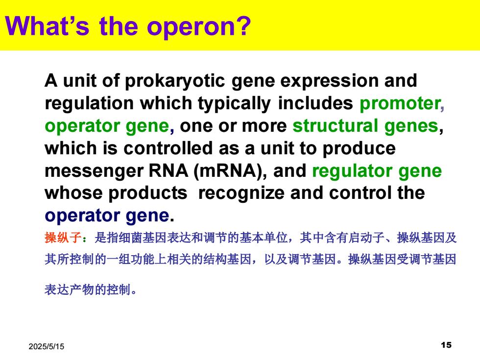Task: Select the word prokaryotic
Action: pyautogui.click(x=175, y=81)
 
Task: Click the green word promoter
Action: pyautogui.click(x=400, y=104)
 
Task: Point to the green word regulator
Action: pyautogui.click(x=352, y=171)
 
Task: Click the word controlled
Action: pyautogui.click(x=168, y=148)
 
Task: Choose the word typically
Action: pyautogui.click(x=234, y=104)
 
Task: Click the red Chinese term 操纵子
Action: pyautogui.click(x=63, y=238)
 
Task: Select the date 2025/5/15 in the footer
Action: pyautogui.click(x=47, y=347)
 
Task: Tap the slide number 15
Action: pyautogui.click(x=446, y=345)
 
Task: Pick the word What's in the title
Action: pyautogui.click(x=47, y=26)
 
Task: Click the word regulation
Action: pyautogui.click(x=89, y=104)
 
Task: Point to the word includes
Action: pyautogui.click(x=315, y=103)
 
